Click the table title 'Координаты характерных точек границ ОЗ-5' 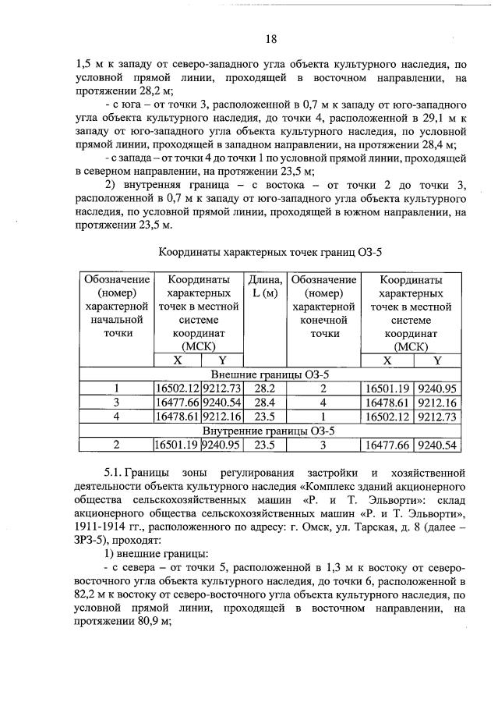[270, 253]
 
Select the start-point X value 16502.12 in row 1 [178, 388]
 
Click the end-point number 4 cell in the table [322, 403]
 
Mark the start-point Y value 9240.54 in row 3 [223, 403]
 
